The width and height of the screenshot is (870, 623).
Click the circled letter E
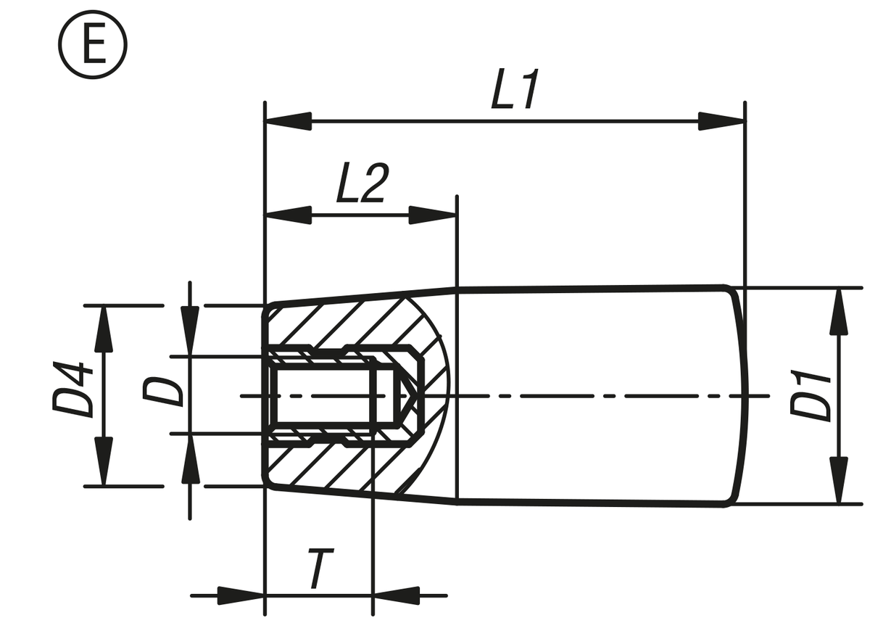point(93,45)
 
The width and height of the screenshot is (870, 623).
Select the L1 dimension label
point(515,89)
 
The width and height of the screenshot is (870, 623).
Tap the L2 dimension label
point(363,183)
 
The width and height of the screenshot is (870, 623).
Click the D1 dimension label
point(811,396)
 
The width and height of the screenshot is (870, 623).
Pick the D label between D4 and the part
point(162,392)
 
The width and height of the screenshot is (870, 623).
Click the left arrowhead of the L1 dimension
point(288,121)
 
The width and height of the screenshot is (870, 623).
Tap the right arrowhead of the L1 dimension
point(721,121)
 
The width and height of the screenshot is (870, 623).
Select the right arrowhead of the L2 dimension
point(433,215)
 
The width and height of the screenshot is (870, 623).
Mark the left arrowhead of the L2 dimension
point(288,215)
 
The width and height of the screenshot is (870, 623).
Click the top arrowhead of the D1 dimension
point(839,311)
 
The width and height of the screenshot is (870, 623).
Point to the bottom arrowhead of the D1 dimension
point(839,480)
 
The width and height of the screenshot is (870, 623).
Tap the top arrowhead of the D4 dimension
point(104,329)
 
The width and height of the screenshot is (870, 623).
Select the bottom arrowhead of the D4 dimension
point(104,462)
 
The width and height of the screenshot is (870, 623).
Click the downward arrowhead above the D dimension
point(190,331)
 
